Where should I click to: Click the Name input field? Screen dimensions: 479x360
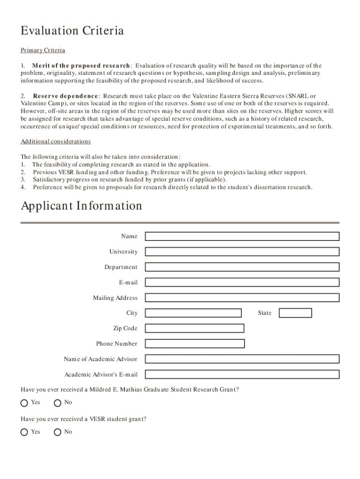click(242, 236)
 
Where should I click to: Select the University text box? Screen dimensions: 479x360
click(242, 252)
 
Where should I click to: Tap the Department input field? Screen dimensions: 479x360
click(242, 267)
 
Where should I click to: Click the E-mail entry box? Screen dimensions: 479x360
click(242, 283)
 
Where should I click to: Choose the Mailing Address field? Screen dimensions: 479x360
click(242, 298)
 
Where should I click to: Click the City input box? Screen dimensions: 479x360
click(193, 313)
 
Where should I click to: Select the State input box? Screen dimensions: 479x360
click(295, 313)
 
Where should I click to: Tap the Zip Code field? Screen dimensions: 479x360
click(194, 328)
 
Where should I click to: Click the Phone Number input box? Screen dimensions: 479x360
click(194, 344)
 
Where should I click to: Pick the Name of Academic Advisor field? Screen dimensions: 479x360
click(242, 359)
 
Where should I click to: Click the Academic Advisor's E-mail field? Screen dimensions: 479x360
click(242, 375)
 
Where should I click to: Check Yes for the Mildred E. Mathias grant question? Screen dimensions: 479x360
click(24, 403)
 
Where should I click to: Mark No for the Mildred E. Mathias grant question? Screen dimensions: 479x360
click(58, 403)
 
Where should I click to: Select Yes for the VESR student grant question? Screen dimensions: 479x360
click(24, 432)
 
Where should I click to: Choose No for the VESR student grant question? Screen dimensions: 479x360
click(58, 432)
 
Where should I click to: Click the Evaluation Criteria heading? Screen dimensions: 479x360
click(72, 31)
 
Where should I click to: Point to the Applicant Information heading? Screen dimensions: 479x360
click(81, 206)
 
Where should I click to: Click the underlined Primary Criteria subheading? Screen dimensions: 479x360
click(43, 51)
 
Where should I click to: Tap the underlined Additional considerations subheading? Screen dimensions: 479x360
click(56, 142)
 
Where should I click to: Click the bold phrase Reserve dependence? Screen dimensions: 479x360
click(65, 96)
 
